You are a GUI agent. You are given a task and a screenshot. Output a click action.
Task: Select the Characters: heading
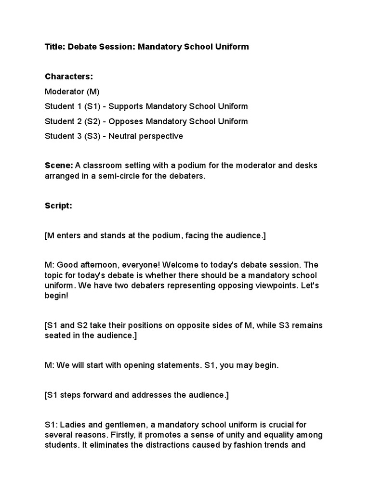pos(69,77)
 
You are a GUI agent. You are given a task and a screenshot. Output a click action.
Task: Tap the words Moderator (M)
pos(72,91)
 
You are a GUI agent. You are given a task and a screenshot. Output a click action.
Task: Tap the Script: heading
pos(58,206)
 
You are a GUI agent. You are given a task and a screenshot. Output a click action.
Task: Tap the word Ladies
pos(71,425)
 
